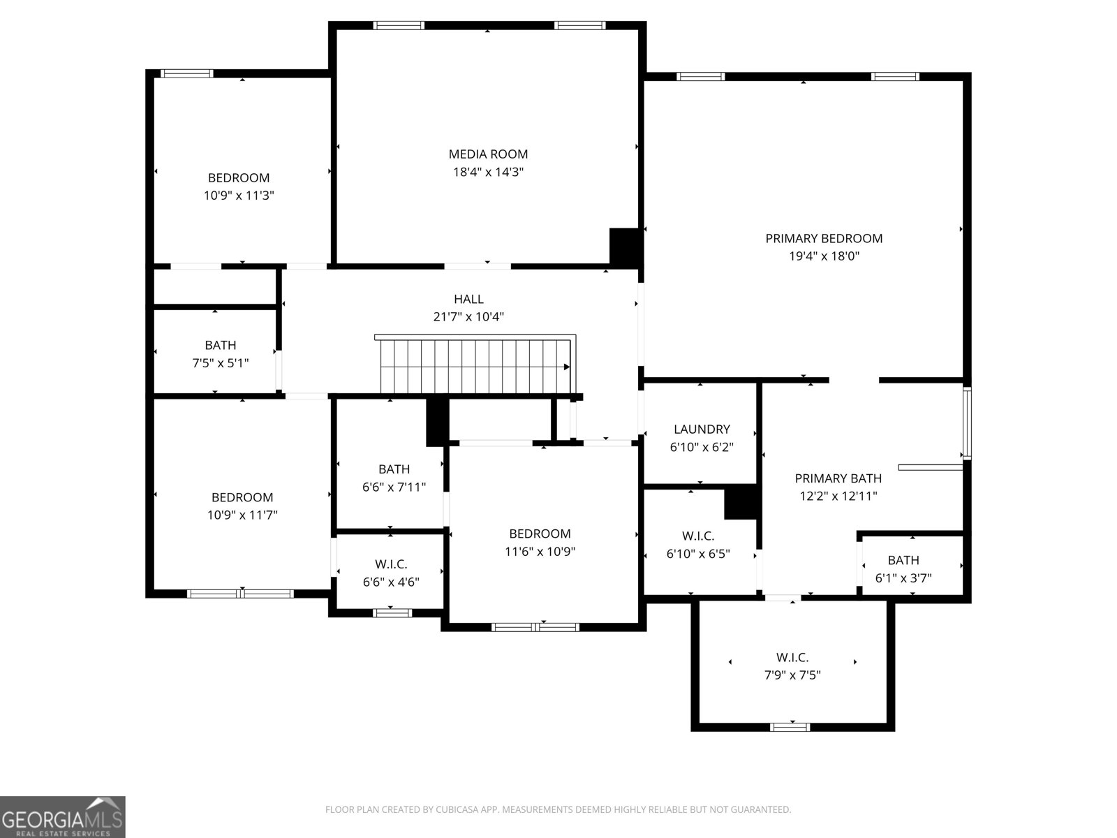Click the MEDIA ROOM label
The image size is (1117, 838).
click(x=488, y=154)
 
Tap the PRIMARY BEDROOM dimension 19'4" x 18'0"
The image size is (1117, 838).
click(x=824, y=256)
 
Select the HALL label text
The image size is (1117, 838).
click(x=468, y=299)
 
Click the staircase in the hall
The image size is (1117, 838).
click(x=475, y=365)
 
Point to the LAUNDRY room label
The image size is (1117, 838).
click(x=702, y=429)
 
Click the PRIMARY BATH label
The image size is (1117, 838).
click(x=838, y=478)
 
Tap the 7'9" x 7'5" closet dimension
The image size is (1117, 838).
click(x=792, y=675)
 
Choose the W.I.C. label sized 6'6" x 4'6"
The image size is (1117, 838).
click(x=391, y=564)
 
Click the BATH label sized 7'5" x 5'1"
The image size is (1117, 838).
click(x=221, y=345)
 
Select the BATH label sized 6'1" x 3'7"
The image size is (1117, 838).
click(x=903, y=560)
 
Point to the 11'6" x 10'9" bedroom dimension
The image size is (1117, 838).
click(x=540, y=551)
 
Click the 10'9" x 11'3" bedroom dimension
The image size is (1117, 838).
click(x=239, y=196)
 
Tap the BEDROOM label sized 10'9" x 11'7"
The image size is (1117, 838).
click(x=242, y=497)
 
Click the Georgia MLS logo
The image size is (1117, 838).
click(x=63, y=816)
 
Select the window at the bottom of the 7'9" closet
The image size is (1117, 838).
click(x=790, y=727)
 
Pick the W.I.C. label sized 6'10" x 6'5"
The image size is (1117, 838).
click(x=698, y=536)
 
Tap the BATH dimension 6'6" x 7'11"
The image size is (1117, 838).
click(x=394, y=487)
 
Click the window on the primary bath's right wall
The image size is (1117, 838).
click(x=966, y=423)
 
